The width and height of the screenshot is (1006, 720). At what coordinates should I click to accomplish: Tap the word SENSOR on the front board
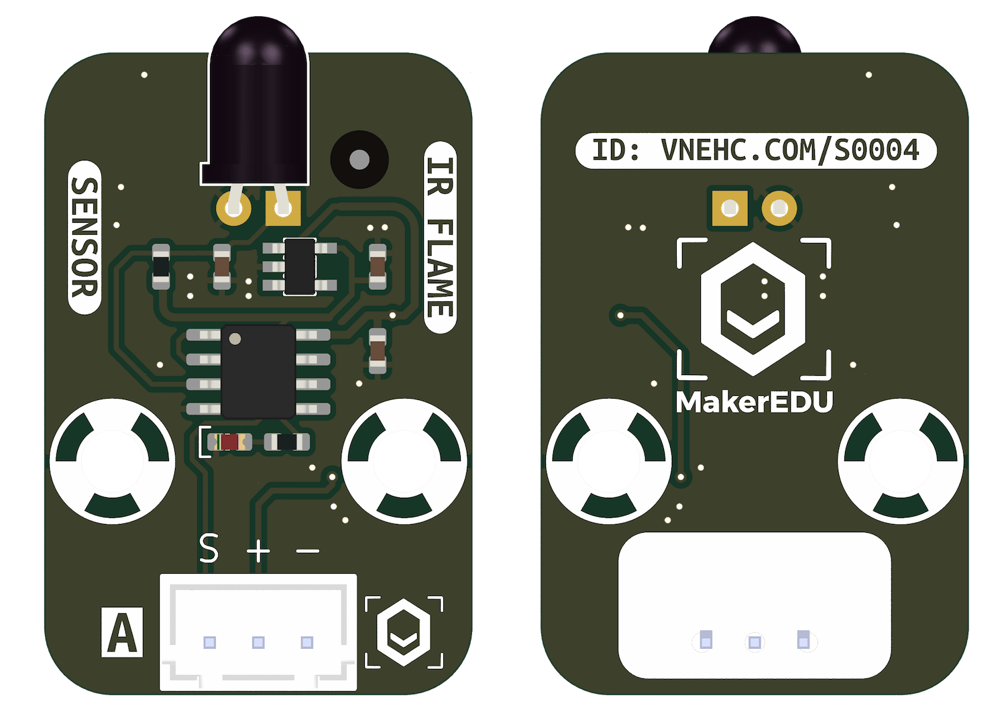[85, 238]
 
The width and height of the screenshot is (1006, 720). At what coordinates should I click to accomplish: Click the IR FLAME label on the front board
[440, 238]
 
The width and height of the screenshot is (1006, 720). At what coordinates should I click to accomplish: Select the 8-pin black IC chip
[258, 372]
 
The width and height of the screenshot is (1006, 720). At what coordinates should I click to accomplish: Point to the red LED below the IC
[229, 442]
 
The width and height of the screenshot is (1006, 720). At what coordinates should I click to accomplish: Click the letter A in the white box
[121, 632]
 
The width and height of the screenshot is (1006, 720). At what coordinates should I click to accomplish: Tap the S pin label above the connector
[209, 548]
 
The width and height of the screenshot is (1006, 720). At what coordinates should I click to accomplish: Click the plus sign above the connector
[258, 550]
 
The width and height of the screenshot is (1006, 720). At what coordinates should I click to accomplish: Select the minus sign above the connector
[308, 550]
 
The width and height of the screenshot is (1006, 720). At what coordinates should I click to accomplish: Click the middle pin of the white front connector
[258, 642]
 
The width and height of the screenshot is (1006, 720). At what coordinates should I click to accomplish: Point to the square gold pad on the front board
[283, 208]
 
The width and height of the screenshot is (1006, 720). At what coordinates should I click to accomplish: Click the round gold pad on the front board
[233, 208]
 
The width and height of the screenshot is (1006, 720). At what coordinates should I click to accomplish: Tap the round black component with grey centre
[359, 160]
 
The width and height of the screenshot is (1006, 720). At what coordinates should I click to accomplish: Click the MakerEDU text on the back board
[754, 401]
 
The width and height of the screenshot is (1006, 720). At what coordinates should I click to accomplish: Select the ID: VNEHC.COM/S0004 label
[756, 150]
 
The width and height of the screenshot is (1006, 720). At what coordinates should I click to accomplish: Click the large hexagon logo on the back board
[753, 309]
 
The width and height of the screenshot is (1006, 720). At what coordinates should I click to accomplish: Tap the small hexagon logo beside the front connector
[404, 632]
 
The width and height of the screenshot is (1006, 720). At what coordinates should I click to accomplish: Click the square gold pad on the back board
[730, 208]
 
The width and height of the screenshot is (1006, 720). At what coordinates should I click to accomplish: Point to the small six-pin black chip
[300, 266]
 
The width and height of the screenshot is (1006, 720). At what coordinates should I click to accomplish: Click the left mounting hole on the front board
[112, 461]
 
